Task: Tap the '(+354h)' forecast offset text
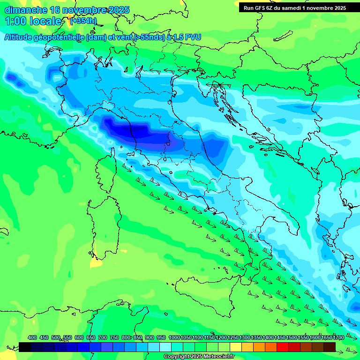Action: click(83, 21)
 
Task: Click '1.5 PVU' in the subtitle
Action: click(188, 37)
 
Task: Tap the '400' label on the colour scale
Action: click(32, 338)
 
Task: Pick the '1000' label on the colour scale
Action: click(174, 338)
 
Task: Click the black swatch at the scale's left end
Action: click(25, 347)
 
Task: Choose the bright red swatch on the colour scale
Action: click(283, 347)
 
